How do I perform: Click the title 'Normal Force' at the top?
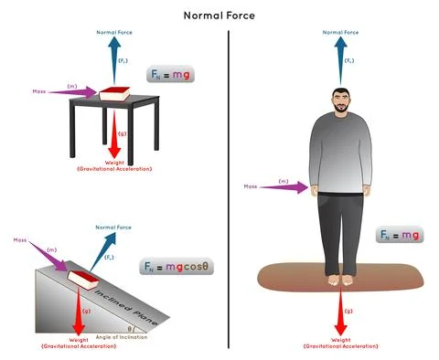point(219,15)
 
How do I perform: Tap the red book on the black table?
point(115,94)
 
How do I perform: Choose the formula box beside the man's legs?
point(400,236)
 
